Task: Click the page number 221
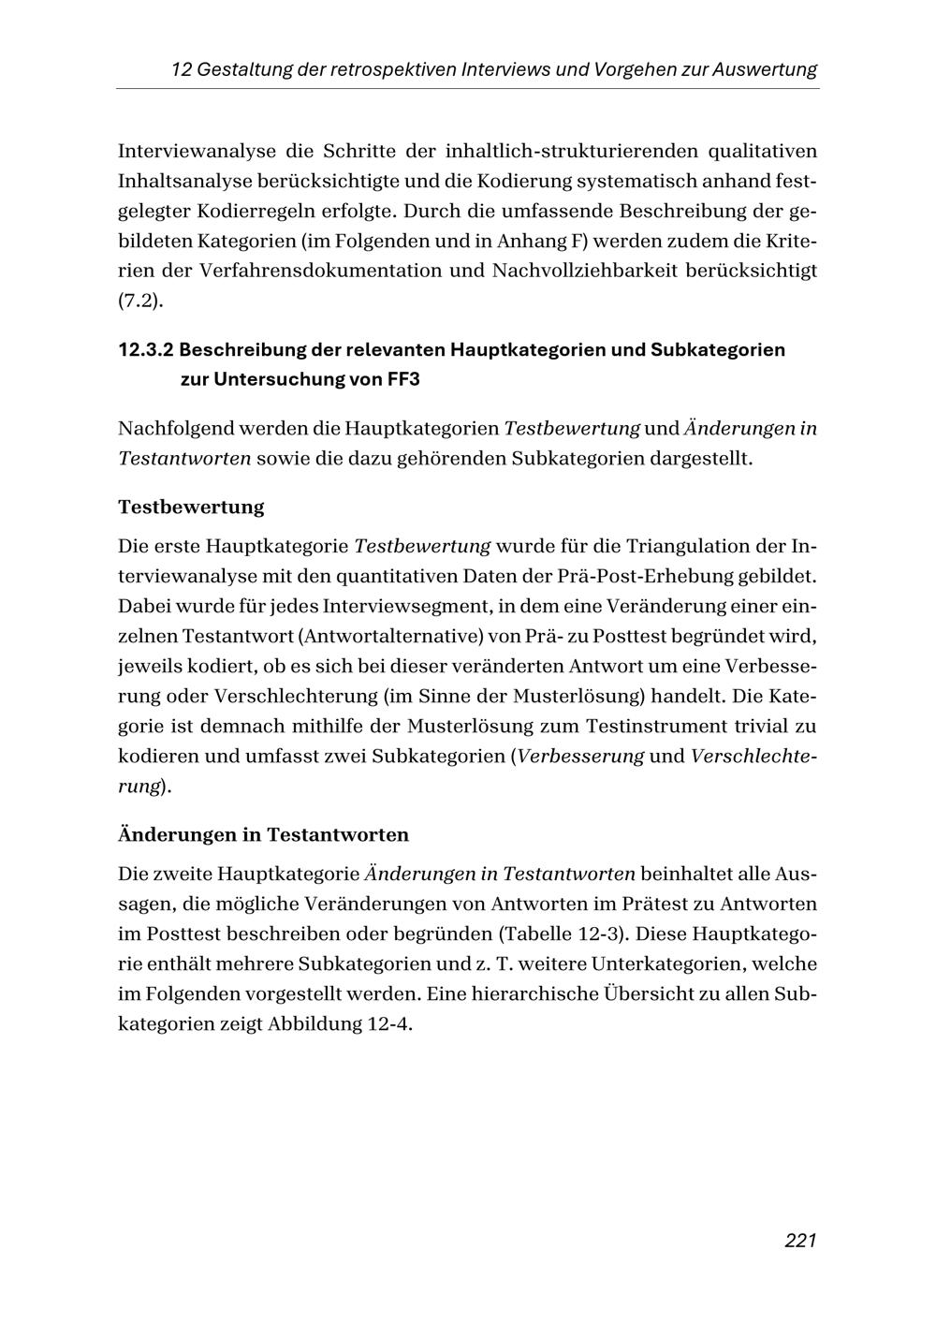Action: (800, 1241)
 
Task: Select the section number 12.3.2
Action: (145, 350)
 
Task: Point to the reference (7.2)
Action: (138, 302)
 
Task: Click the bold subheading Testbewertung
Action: (191, 508)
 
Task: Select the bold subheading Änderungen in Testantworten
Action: (263, 834)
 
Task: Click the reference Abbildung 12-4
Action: (340, 1023)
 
